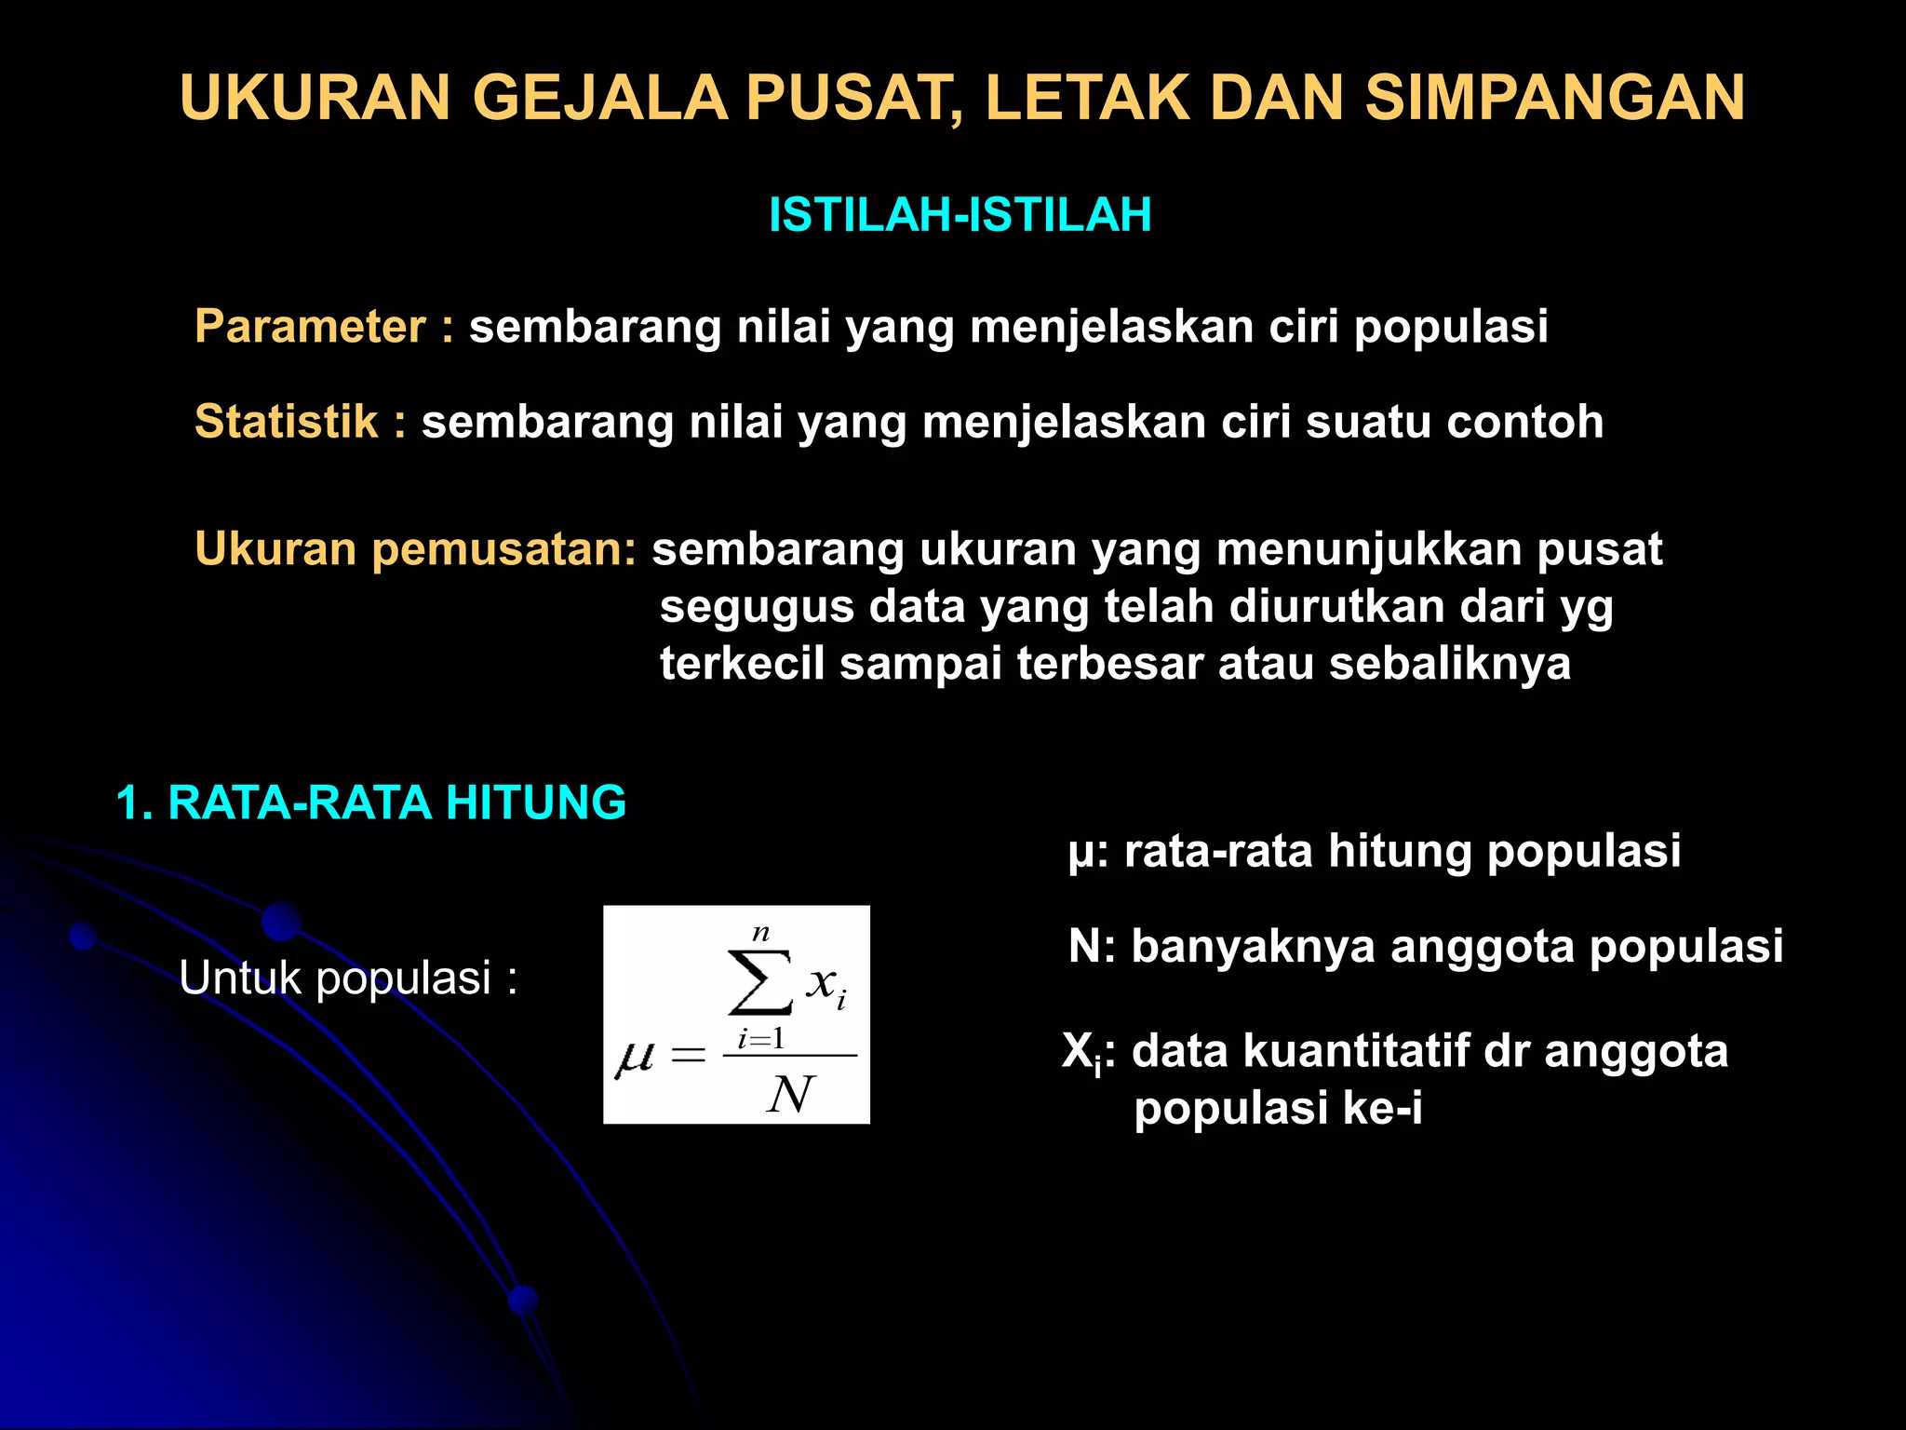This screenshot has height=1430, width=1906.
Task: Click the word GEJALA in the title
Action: [x=600, y=98]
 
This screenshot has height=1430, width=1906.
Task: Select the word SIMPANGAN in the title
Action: [x=1554, y=98]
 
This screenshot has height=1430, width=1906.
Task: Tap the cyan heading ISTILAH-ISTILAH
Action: [x=960, y=215]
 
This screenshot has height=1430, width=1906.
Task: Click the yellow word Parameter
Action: [x=310, y=327]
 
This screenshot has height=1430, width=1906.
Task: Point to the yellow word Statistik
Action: [x=286, y=422]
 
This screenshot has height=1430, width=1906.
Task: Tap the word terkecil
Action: [x=742, y=664]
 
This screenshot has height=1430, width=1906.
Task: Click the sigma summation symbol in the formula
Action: [x=759, y=981]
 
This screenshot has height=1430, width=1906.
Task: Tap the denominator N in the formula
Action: [x=790, y=1095]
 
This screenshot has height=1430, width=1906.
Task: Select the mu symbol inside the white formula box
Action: [x=635, y=1059]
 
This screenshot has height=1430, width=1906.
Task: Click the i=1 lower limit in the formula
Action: [x=761, y=1039]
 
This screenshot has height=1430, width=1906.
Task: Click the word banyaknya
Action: [x=1253, y=947]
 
